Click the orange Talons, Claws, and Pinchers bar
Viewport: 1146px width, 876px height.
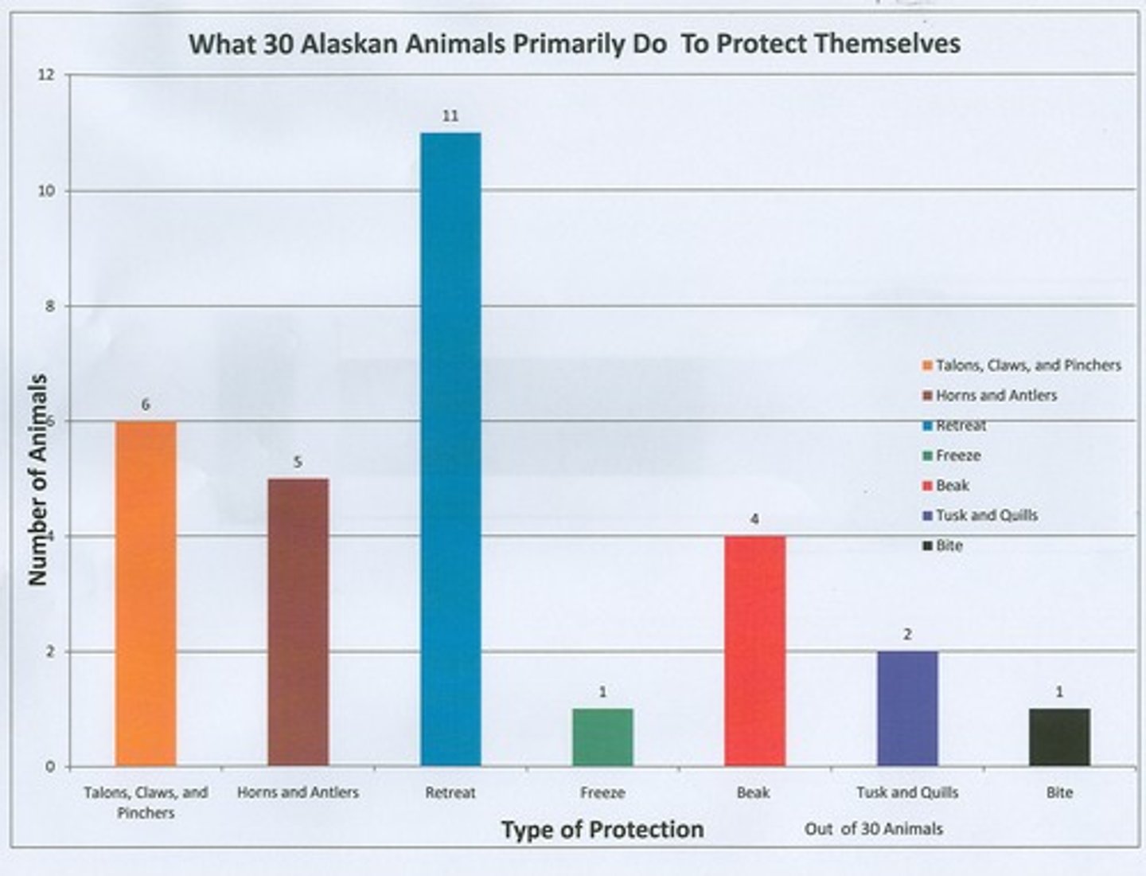[x=146, y=593]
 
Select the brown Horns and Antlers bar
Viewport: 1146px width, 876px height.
[x=298, y=622]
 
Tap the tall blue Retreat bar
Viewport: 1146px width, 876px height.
[x=450, y=449]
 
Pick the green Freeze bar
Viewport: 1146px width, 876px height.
[x=602, y=737]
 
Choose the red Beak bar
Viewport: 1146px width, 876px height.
[x=754, y=651]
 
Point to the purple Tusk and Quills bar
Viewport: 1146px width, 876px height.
[x=907, y=708]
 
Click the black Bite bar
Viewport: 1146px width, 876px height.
[x=1059, y=737]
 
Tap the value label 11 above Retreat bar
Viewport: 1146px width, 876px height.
[x=450, y=116]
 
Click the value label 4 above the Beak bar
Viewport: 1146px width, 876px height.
[x=754, y=520]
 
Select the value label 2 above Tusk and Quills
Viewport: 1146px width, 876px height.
[x=907, y=635]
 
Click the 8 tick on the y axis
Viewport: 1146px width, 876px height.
[x=50, y=307]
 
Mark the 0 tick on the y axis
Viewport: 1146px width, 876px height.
[x=50, y=767]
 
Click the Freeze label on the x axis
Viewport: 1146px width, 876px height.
[x=602, y=793]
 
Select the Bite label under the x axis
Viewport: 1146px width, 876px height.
[x=1059, y=793]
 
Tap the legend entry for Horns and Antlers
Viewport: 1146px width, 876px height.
[x=996, y=396]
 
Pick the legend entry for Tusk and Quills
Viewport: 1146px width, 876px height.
[x=986, y=516]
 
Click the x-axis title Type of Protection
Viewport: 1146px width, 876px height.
[x=602, y=830]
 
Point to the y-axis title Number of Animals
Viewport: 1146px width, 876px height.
[x=37, y=480]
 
